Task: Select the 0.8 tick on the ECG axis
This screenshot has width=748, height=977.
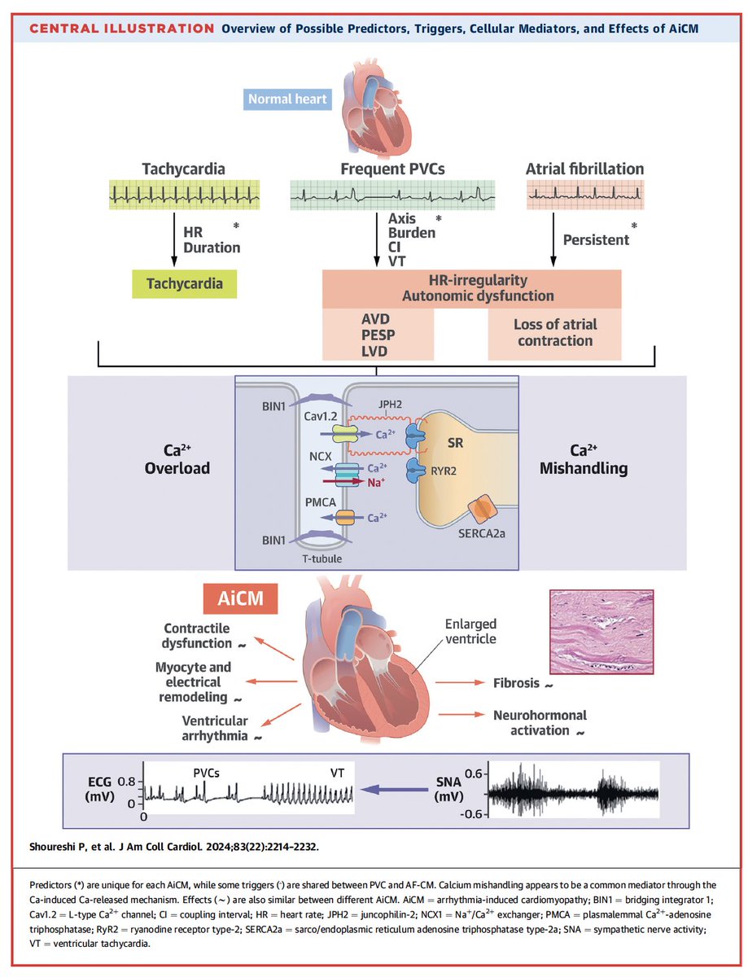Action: click(127, 779)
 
